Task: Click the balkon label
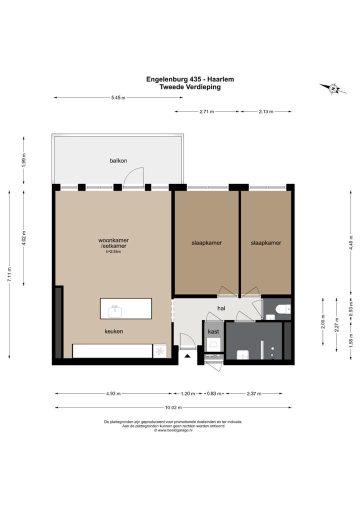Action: click(x=118, y=160)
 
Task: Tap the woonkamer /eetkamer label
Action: click(x=113, y=243)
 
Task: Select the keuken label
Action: click(x=113, y=331)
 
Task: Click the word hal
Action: click(x=221, y=308)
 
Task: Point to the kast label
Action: click(x=213, y=331)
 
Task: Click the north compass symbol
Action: click(x=333, y=88)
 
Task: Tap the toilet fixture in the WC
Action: click(x=283, y=308)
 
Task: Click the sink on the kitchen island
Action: click(x=115, y=311)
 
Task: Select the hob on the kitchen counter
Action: click(x=159, y=351)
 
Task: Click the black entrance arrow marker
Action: click(x=187, y=356)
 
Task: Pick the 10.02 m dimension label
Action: click(x=173, y=407)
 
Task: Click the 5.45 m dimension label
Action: click(x=118, y=97)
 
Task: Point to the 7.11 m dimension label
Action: click(x=9, y=274)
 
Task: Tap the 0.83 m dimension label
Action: click(x=214, y=394)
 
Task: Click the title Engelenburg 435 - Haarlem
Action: click(x=190, y=79)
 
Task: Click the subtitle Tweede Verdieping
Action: click(x=190, y=87)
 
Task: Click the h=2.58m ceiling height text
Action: click(x=113, y=251)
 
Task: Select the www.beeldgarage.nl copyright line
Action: click(x=173, y=430)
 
